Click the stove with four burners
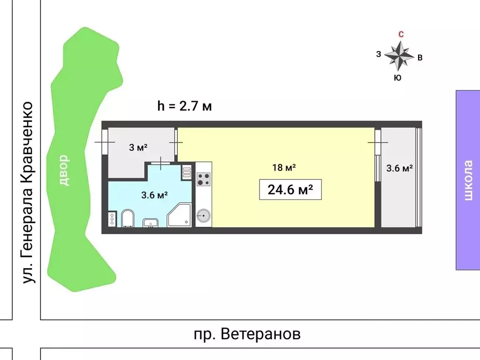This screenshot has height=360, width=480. pyautogui.click(x=203, y=179)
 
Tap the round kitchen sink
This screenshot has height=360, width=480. pyautogui.click(x=203, y=216)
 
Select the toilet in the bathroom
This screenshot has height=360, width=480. pyautogui.click(x=127, y=218)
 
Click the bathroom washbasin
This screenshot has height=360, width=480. pyautogui.click(x=151, y=222)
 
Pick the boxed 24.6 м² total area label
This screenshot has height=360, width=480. pyautogui.click(x=290, y=190)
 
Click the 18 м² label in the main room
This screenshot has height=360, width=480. pyautogui.click(x=283, y=167)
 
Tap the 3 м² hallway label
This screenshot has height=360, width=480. pyautogui.click(x=138, y=148)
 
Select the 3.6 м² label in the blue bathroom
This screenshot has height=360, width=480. pyautogui.click(x=155, y=195)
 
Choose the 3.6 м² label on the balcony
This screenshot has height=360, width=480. pyautogui.click(x=399, y=168)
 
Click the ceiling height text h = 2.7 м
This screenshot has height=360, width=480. pyautogui.click(x=184, y=106)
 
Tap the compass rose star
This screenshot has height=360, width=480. pyautogui.click(x=399, y=56)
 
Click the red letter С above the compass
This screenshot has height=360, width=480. pyautogui.click(x=401, y=34)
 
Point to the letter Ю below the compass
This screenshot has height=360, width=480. pyautogui.click(x=397, y=78)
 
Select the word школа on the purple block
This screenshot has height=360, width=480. pyautogui.click(x=468, y=180)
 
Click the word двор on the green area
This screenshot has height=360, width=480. pyautogui.click(x=64, y=171)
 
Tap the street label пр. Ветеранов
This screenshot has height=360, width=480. pyautogui.click(x=247, y=334)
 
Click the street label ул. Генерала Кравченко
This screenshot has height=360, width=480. pyautogui.click(x=29, y=192)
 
